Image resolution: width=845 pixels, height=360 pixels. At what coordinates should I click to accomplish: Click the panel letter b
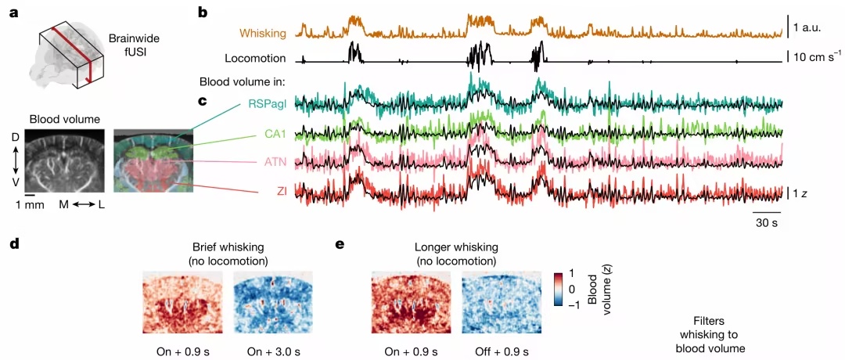[x=203, y=12]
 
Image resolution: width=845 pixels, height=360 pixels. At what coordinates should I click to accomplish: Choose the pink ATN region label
[x=276, y=161]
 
